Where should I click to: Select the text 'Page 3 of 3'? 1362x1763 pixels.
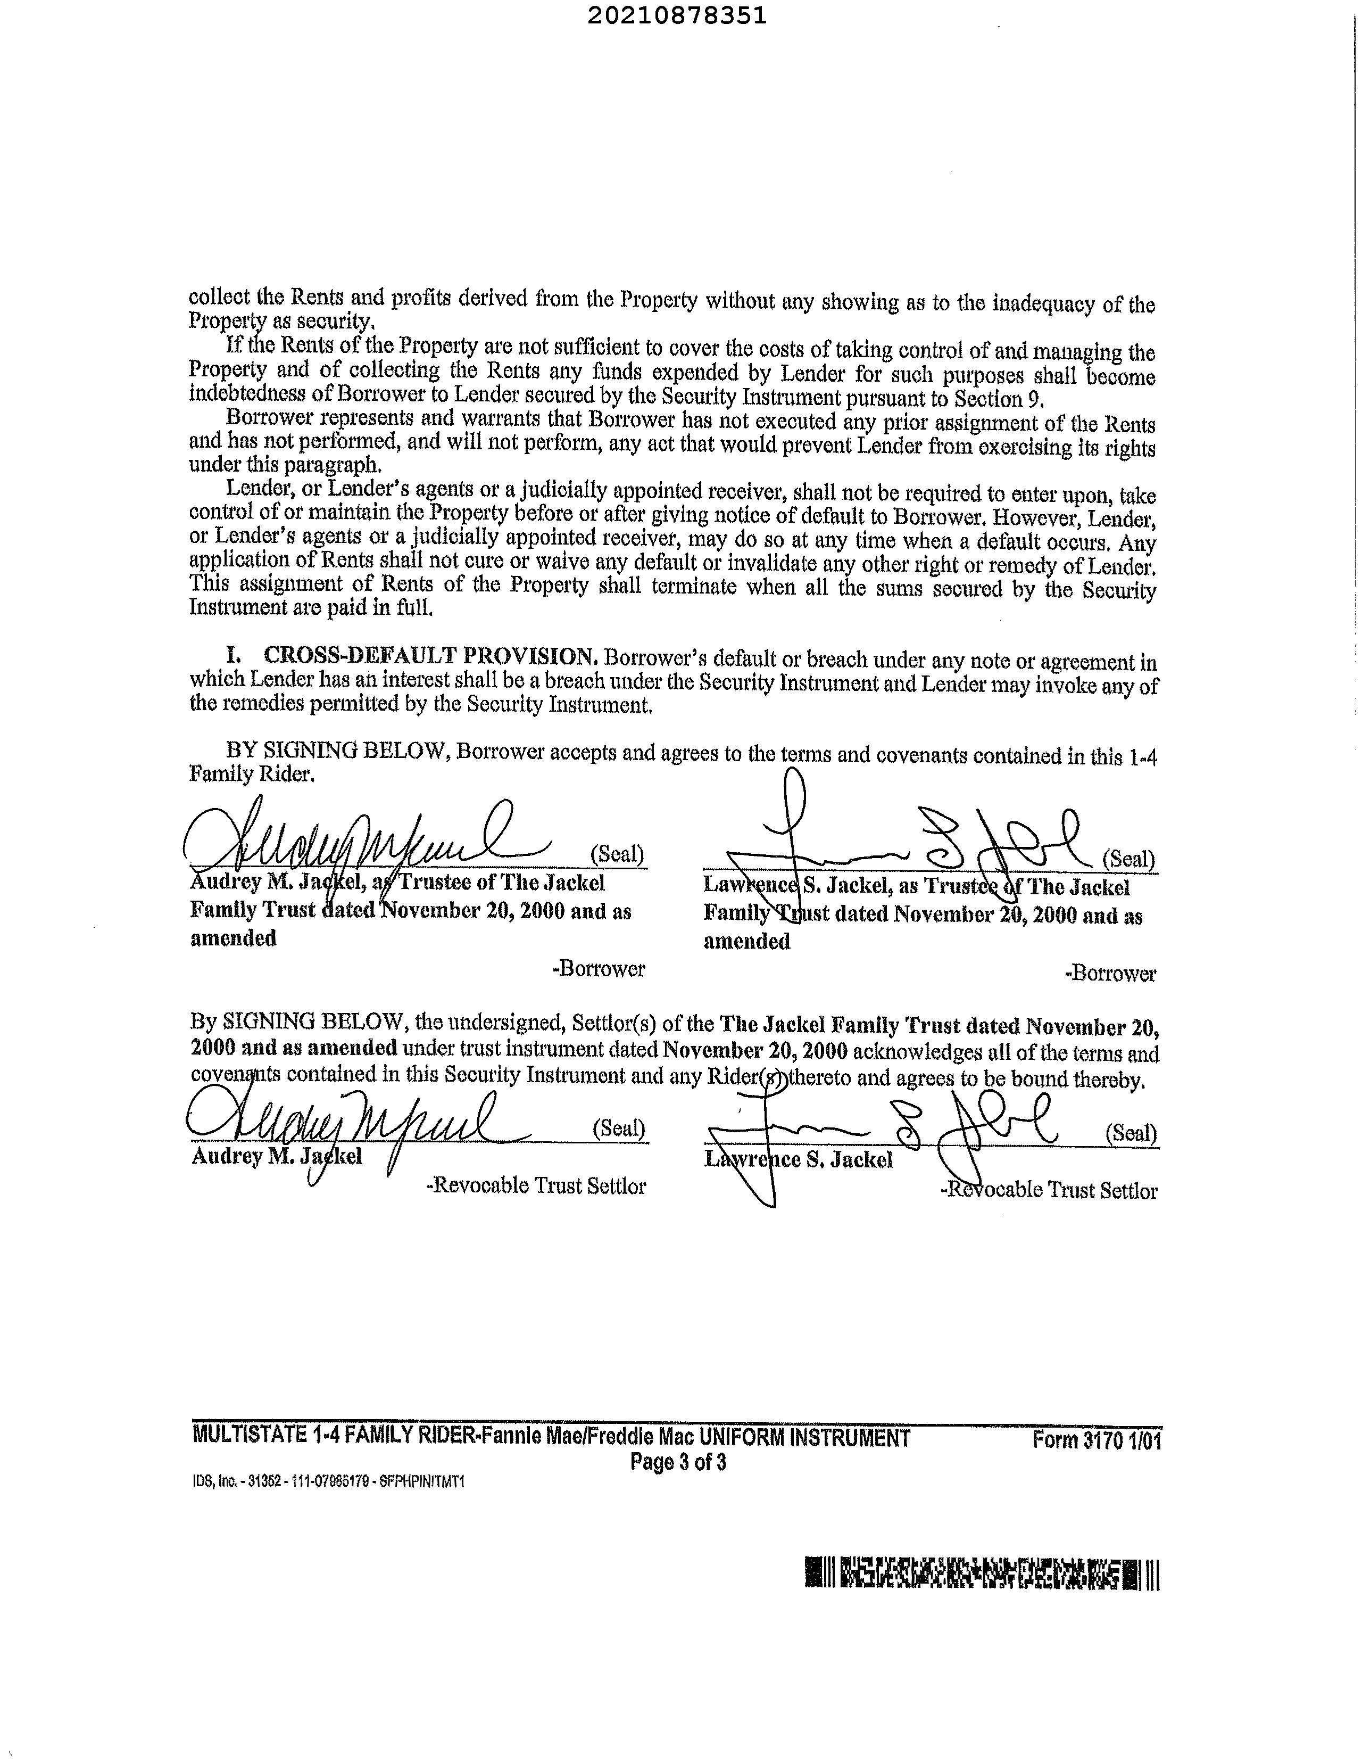(678, 1462)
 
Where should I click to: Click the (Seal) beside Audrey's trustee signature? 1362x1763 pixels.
(617, 853)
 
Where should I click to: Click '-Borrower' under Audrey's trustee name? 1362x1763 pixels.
(599, 969)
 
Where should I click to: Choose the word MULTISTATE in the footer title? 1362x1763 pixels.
(248, 1436)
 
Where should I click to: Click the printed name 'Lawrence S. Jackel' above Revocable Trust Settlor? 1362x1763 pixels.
(799, 1160)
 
